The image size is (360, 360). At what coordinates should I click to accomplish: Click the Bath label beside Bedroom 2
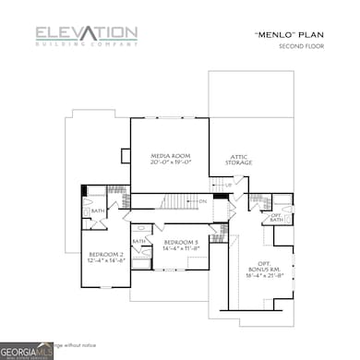97,212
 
